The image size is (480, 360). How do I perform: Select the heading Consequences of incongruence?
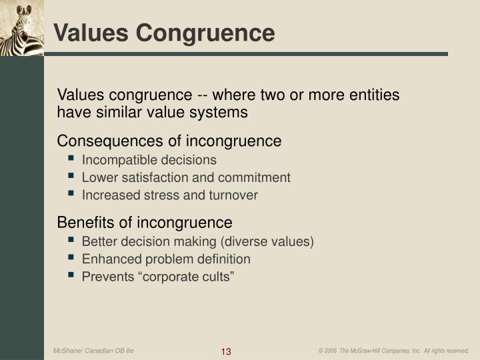[x=169, y=141]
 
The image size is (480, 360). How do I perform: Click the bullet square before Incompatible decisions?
[x=71, y=160]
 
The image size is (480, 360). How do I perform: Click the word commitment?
[x=259, y=177]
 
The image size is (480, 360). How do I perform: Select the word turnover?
[x=233, y=195]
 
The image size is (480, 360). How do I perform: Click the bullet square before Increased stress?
[x=71, y=195]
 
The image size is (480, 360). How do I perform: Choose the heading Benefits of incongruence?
[x=145, y=222]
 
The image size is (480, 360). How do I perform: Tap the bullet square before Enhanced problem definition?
[x=71, y=259]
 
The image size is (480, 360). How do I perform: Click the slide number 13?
[x=225, y=351]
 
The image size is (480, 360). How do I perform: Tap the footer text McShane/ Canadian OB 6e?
[x=94, y=351]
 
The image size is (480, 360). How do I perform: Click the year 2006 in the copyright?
[x=331, y=351]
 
